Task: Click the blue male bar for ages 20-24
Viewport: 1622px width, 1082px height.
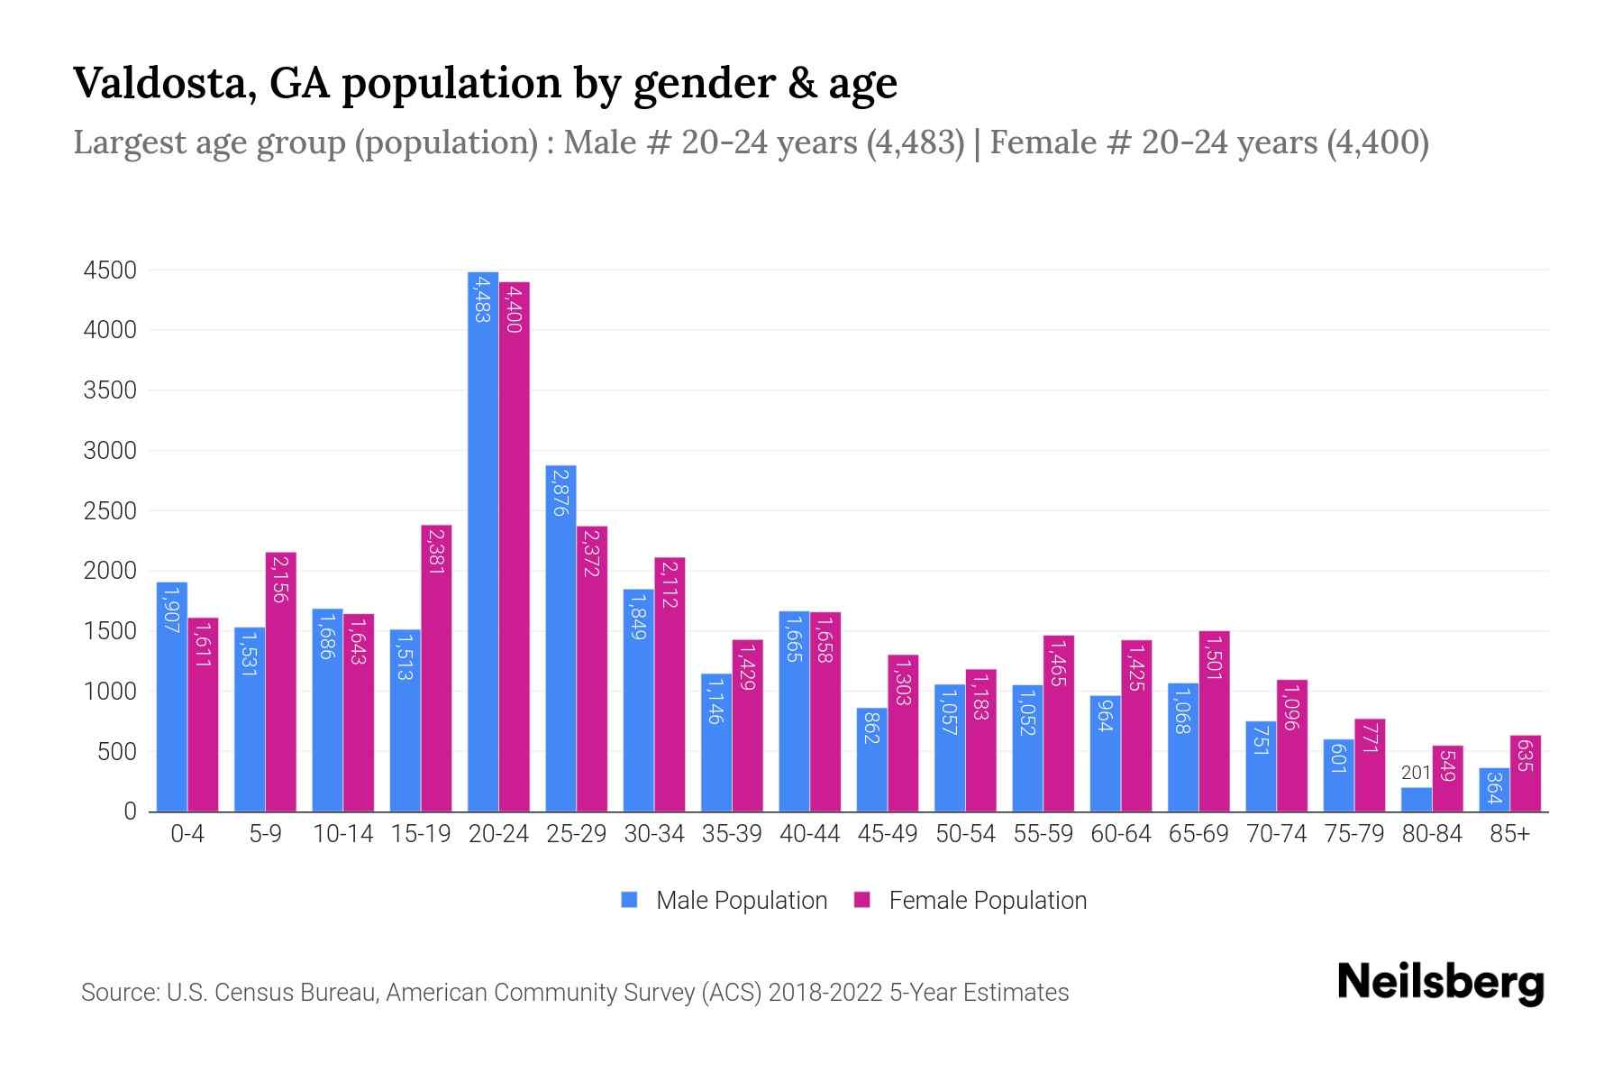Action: [483, 541]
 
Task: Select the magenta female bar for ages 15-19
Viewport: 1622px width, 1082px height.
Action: [436, 667]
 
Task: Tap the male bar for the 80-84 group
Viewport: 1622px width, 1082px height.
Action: [1417, 800]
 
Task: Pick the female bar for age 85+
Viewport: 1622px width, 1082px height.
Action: [1526, 774]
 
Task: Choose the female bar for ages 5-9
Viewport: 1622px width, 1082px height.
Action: [280, 682]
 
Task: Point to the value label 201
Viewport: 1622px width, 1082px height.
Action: [1416, 773]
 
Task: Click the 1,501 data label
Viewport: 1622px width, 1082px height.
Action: [1214, 658]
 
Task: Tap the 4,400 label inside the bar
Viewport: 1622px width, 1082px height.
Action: [514, 308]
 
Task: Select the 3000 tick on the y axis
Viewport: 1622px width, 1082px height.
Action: [110, 451]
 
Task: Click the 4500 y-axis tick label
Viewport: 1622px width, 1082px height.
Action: [110, 270]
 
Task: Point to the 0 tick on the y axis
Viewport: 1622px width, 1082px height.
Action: [130, 811]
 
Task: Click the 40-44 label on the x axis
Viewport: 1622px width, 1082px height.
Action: [809, 834]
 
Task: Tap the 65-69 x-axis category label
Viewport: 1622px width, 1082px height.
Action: [1198, 834]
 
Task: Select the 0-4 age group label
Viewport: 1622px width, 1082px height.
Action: [187, 834]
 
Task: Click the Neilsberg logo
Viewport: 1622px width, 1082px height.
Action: [1440, 983]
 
